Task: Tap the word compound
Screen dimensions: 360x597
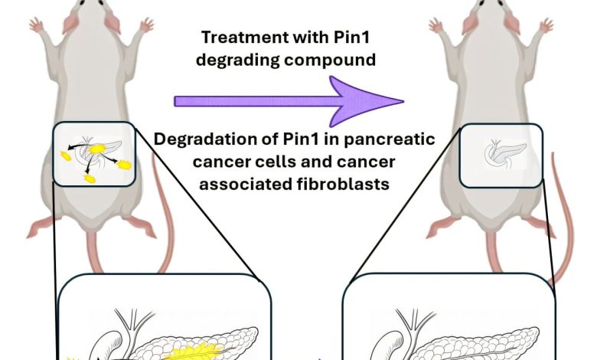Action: tap(338, 60)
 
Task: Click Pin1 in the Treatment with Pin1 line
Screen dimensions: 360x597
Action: tap(340, 37)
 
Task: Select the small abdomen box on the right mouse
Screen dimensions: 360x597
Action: tap(501, 154)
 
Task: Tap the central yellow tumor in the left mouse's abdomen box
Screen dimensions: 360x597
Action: tap(97, 150)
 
